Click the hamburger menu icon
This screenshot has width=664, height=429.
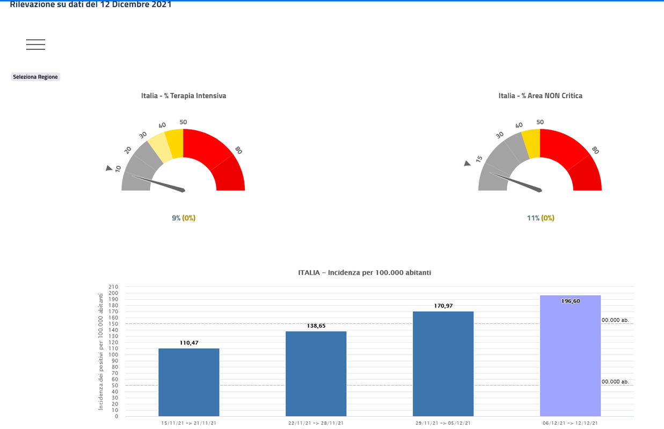(x=35, y=45)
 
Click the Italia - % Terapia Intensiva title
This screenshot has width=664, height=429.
(x=184, y=96)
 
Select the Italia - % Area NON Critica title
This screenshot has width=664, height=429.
(x=540, y=96)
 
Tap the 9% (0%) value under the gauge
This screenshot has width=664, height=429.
(x=184, y=218)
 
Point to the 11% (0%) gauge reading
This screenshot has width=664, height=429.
(x=541, y=218)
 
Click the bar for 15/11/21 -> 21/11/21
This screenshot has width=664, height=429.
(x=189, y=382)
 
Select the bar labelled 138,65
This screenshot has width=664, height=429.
(x=316, y=374)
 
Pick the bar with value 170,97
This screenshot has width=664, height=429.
(x=443, y=364)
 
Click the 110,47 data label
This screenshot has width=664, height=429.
(x=189, y=343)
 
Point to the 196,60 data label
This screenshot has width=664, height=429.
(x=570, y=301)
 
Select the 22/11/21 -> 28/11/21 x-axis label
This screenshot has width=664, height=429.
(x=316, y=423)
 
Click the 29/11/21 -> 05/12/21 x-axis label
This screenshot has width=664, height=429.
(x=443, y=423)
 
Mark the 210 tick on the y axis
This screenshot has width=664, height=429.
(x=113, y=287)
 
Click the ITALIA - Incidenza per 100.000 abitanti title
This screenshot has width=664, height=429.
(x=364, y=272)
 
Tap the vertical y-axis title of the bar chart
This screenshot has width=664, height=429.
(x=100, y=352)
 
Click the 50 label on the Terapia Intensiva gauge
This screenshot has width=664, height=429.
(x=183, y=122)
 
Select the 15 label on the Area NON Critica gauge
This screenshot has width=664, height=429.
(x=479, y=159)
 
